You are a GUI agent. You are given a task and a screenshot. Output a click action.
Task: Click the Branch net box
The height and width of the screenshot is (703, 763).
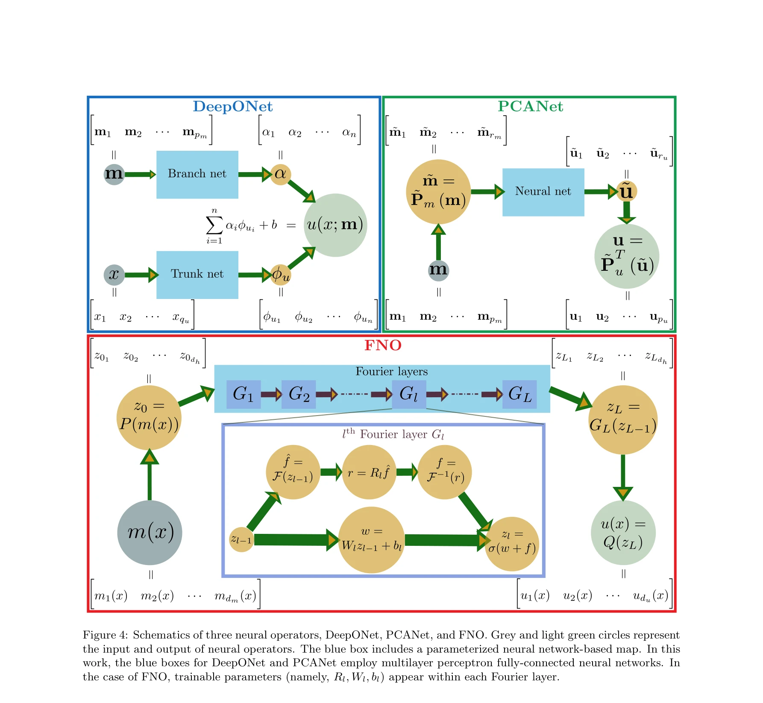tap(197, 174)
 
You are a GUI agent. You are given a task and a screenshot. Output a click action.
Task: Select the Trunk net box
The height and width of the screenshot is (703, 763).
tap(197, 274)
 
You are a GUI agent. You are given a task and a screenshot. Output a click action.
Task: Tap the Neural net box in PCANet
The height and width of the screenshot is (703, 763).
tap(543, 192)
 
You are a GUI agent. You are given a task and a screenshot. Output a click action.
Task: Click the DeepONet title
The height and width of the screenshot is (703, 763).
tap(232, 106)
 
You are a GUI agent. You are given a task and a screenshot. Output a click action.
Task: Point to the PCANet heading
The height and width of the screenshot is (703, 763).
tap(530, 106)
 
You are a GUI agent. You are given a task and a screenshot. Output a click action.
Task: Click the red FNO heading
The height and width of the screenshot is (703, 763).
tap(383, 345)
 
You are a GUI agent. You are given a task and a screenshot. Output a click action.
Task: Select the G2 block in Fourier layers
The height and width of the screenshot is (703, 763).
tap(299, 394)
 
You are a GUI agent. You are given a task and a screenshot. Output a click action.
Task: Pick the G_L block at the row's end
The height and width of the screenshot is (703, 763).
tap(519, 394)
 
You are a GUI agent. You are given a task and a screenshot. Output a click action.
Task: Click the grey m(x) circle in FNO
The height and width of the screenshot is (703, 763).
tap(150, 532)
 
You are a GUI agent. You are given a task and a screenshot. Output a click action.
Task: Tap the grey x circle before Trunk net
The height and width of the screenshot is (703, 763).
tap(114, 274)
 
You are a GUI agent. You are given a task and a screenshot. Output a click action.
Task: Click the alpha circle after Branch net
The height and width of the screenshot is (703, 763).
tap(280, 174)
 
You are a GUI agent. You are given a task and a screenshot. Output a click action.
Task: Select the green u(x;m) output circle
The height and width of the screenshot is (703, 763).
tap(335, 225)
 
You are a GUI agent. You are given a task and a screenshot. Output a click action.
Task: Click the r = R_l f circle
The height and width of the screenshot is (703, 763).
tap(369, 472)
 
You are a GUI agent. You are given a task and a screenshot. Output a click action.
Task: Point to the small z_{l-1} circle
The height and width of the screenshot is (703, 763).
tap(241, 539)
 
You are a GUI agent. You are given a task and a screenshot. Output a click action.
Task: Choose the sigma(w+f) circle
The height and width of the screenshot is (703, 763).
tap(511, 543)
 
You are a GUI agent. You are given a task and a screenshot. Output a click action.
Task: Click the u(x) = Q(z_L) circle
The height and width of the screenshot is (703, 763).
tap(622, 533)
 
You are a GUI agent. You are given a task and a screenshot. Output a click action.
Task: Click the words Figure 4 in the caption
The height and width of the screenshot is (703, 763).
tap(105, 635)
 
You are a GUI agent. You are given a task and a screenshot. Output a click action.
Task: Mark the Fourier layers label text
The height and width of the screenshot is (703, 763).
tap(391, 372)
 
